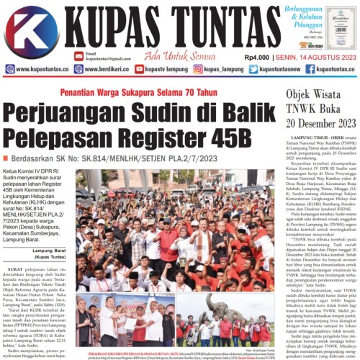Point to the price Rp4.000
[x=257, y=57]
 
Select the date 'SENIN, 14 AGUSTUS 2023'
[x=315, y=57]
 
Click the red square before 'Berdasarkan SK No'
[x=6, y=158]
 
